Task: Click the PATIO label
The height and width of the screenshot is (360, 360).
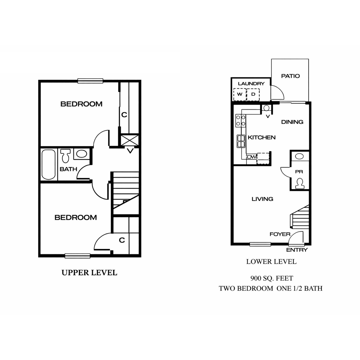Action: pyautogui.click(x=291, y=76)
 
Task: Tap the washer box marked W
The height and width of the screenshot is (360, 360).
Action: pyautogui.click(x=240, y=95)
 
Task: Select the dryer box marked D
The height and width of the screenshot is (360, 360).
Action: pyautogui.click(x=253, y=95)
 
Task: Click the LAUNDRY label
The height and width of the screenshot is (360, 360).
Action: pyautogui.click(x=251, y=84)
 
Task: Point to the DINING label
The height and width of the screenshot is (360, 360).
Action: pyautogui.click(x=292, y=122)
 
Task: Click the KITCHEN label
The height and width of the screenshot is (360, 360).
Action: pyautogui.click(x=262, y=137)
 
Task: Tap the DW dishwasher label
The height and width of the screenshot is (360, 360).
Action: pyautogui.click(x=251, y=157)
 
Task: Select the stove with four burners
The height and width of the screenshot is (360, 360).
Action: pyautogui.click(x=241, y=121)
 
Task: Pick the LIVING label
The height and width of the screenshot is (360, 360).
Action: pyautogui.click(x=262, y=199)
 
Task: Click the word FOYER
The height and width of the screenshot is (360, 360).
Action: pyautogui.click(x=280, y=234)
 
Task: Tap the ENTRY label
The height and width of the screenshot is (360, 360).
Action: pyautogui.click(x=297, y=250)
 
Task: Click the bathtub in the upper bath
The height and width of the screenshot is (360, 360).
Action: pyautogui.click(x=49, y=164)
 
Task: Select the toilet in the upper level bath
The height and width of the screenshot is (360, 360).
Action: pyautogui.click(x=66, y=155)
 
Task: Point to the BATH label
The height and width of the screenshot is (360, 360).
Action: pyautogui.click(x=68, y=169)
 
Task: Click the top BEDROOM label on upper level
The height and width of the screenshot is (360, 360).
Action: pyautogui.click(x=81, y=104)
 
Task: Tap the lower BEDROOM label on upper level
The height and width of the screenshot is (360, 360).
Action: pyautogui.click(x=76, y=218)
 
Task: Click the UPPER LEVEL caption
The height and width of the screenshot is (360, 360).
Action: pyautogui.click(x=89, y=272)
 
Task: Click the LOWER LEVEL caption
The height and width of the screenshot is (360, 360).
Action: pyautogui.click(x=271, y=262)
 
